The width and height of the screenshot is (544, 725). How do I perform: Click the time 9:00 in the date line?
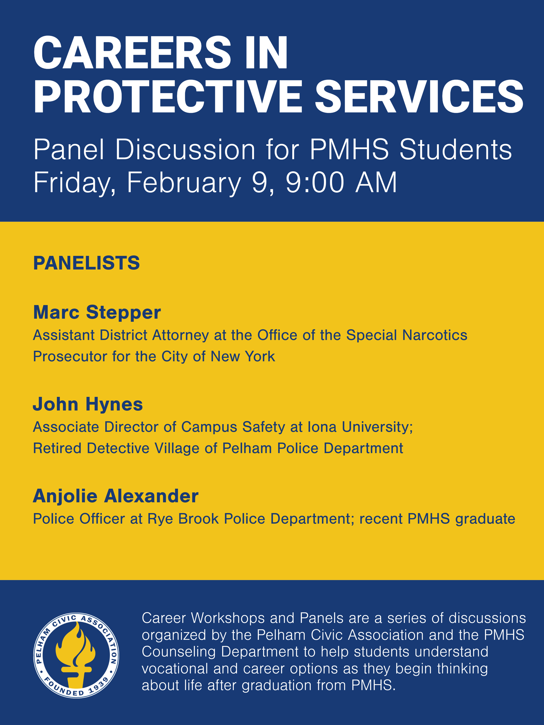(315, 183)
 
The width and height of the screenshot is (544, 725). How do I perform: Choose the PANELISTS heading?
(87, 263)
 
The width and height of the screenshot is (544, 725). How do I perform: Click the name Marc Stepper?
(97, 312)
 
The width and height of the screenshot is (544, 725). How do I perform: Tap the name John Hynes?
(88, 404)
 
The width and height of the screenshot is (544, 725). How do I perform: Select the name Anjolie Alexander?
(116, 496)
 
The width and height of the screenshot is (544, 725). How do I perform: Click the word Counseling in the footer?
(178, 652)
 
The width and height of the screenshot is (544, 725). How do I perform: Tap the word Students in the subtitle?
(455, 150)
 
